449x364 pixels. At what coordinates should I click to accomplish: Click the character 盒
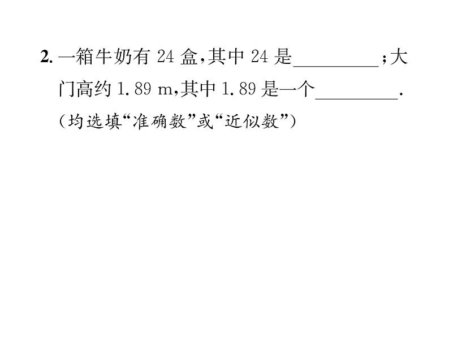[x=191, y=58]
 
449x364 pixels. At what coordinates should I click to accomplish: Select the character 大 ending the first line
[x=399, y=58]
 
